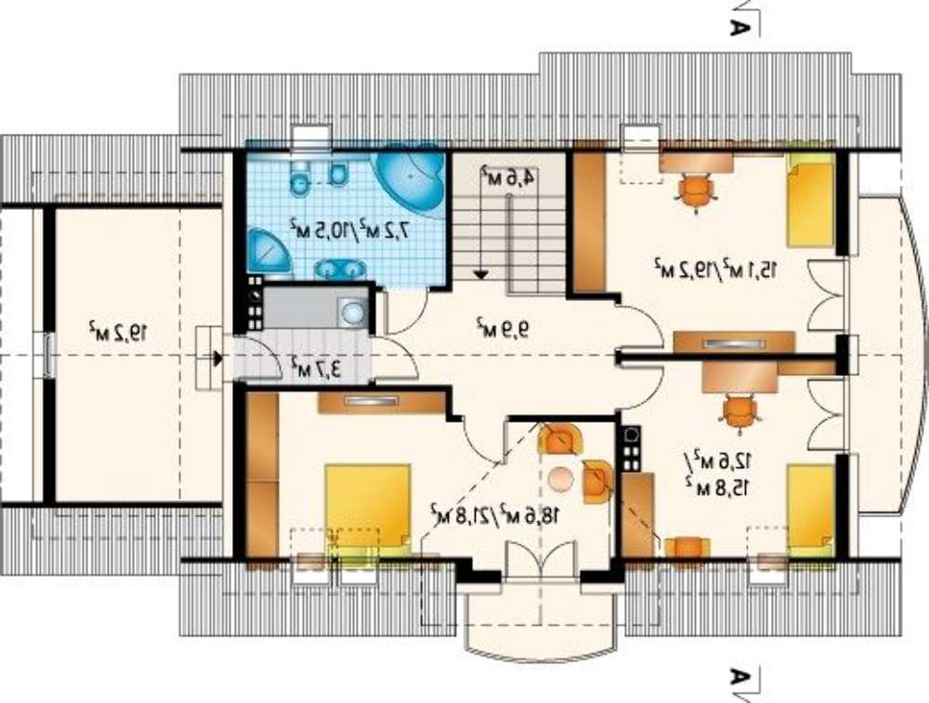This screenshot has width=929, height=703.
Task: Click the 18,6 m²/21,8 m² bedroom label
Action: (x=495, y=514)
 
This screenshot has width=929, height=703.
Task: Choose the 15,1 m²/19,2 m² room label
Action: (x=715, y=267)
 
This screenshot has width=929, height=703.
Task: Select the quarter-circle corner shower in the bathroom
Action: (x=269, y=253)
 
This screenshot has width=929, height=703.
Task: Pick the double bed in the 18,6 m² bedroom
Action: (x=368, y=508)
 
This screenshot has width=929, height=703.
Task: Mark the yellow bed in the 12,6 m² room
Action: (x=810, y=510)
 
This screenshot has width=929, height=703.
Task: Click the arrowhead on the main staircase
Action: (x=481, y=274)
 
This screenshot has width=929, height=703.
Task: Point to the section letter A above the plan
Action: (x=738, y=27)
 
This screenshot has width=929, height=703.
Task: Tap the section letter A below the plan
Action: (x=738, y=676)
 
